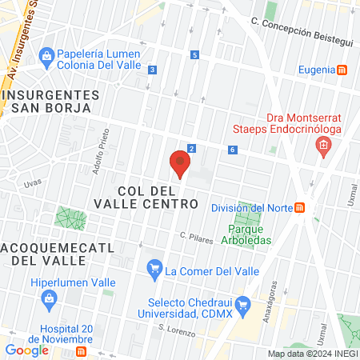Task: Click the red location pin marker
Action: click(180, 164)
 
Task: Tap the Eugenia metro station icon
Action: click(342, 70)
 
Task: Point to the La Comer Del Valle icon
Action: click(154, 270)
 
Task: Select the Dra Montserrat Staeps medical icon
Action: click(323, 146)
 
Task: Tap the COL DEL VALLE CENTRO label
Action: click(158, 198)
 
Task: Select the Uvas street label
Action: click(33, 183)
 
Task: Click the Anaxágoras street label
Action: click(274, 297)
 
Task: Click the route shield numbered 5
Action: click(195, 54)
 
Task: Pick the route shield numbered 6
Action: click(231, 150)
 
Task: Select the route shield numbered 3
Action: click(151, 70)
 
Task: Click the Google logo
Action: click(27, 350)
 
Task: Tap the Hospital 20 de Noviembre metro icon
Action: click(81, 351)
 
